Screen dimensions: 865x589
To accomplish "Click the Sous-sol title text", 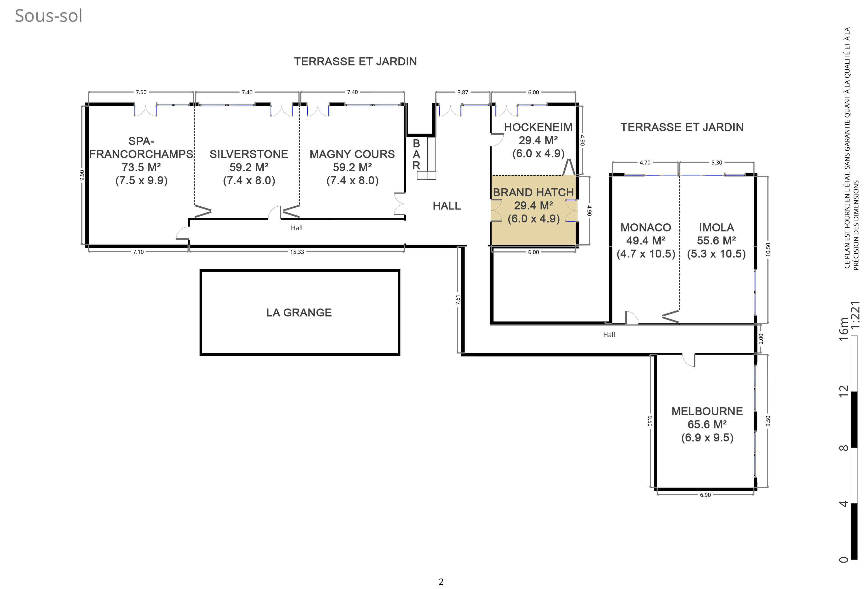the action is tap(48, 16).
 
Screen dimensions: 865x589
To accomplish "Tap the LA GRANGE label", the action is tap(299, 312).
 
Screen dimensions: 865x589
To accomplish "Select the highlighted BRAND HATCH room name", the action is tap(533, 192).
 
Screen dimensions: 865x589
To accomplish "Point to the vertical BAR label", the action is tap(416, 154).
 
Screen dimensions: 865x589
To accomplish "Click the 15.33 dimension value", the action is tap(297, 252).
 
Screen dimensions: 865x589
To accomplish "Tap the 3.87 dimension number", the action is tap(463, 92).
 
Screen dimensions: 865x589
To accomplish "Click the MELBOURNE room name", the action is tap(707, 411).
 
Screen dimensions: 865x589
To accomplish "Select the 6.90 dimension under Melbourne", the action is tap(705, 495).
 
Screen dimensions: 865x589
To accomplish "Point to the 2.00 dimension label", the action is tap(761, 339).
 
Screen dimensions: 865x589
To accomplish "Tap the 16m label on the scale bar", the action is tap(844, 328).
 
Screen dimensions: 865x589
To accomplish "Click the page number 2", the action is tap(441, 582).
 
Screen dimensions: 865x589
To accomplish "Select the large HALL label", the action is tap(447, 206).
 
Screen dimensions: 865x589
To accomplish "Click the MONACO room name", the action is tap(646, 228).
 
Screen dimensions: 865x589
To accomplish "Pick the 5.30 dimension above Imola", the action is tap(717, 163).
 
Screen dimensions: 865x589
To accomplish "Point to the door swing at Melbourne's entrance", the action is tap(688, 360).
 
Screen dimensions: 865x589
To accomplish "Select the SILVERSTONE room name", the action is tap(249, 154).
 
